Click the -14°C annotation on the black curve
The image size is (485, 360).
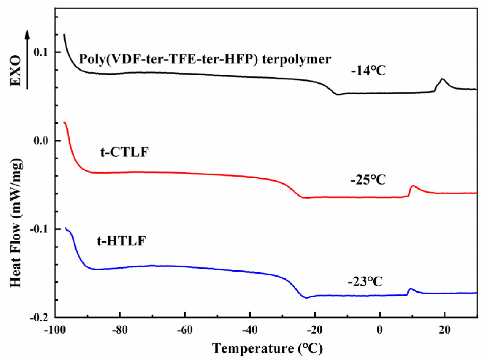pos(368,71)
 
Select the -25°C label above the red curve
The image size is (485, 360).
pos(368,180)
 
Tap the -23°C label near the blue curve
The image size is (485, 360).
pos(365,281)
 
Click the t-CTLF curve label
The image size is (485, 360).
pos(124,152)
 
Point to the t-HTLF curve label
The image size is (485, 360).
pos(121,241)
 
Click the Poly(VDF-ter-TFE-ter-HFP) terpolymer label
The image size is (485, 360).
pos(205,59)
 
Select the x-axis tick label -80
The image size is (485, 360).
pos(120,330)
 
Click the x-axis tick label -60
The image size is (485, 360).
pos(185,330)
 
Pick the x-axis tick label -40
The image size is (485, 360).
pos(250,330)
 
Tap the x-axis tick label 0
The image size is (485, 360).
pos(380,330)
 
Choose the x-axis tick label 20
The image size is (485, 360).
pos(445,330)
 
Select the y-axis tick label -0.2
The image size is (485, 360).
pos(39,317)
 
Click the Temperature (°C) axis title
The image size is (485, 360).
pos(267,349)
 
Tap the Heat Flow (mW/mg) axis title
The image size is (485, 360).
pos(16,223)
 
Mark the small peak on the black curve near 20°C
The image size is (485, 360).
pos(442,79)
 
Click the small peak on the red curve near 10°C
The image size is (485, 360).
pos(413,186)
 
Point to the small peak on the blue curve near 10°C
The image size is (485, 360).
pos(411,289)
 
